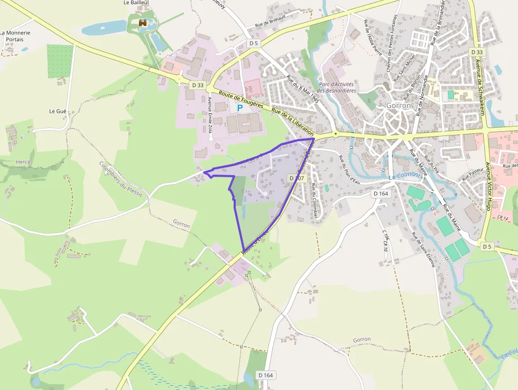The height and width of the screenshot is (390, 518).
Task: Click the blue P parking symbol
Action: point(239,107)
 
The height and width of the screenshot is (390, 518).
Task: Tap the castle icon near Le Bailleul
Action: point(142,23)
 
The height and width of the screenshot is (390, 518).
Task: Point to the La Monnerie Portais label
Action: point(15,36)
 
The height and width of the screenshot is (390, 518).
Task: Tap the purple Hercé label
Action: point(24,162)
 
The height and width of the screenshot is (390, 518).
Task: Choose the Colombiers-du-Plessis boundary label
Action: point(121,179)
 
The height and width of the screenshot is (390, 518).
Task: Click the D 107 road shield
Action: point(298,178)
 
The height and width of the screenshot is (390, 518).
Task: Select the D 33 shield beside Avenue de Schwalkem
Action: point(476,52)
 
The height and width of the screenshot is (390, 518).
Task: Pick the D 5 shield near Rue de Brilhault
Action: point(254,43)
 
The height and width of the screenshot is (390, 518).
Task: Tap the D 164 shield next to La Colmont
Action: point(381,194)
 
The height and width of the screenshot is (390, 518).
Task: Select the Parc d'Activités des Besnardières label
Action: point(337,87)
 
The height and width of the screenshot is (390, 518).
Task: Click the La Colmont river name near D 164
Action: point(405,176)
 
